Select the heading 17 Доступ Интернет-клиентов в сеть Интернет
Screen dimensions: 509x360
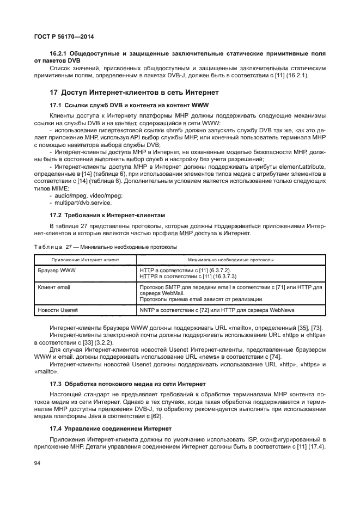pos(134,92)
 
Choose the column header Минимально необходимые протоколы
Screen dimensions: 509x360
pos(231,260)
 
